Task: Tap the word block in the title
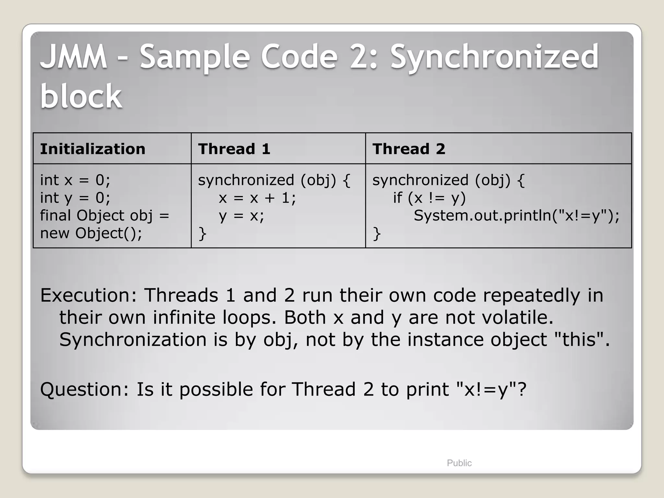tap(81, 96)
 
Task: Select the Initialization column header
tap(93, 149)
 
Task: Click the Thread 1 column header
tap(234, 149)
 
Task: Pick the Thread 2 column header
tap(409, 149)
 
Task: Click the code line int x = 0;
tap(75, 180)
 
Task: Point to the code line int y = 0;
tap(75, 198)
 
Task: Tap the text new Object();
tap(91, 233)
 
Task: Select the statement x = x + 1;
tap(257, 198)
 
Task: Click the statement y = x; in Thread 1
tap(242, 216)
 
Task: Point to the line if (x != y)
tap(429, 198)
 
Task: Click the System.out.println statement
tap(516, 216)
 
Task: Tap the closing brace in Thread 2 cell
tap(376, 233)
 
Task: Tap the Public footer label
tap(459, 463)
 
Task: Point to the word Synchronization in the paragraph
tap(133, 339)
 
